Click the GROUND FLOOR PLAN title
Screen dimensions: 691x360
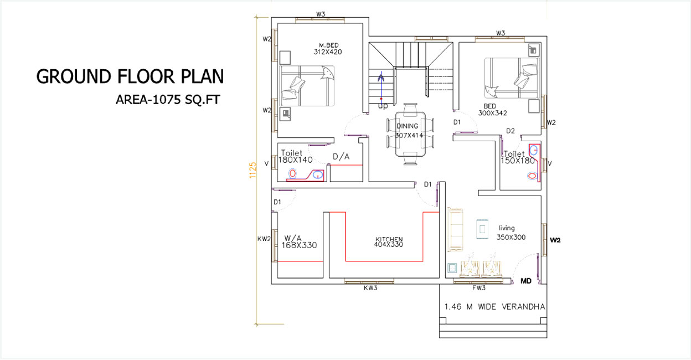(x=130, y=76)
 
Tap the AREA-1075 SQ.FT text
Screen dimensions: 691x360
(x=168, y=100)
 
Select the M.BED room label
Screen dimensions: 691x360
(x=328, y=45)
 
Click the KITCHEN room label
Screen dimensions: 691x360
(x=389, y=239)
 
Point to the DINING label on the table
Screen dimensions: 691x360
(x=407, y=126)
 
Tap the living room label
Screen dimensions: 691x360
(x=507, y=228)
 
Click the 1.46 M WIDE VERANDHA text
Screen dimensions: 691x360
(x=494, y=307)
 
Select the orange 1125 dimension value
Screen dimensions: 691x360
(x=252, y=170)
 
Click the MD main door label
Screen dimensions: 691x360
(x=526, y=281)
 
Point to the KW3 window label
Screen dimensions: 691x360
(x=370, y=288)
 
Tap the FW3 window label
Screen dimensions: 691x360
(x=479, y=288)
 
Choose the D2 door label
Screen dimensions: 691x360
(x=510, y=131)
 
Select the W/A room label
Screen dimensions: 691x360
(x=293, y=238)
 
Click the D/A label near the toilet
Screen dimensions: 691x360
(x=341, y=157)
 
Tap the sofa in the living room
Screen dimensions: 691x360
(x=456, y=230)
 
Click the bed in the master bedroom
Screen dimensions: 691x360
(x=307, y=86)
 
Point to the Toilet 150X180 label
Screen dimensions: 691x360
(x=518, y=157)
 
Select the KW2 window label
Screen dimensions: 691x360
(x=264, y=239)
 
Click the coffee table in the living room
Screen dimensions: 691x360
(x=482, y=229)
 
